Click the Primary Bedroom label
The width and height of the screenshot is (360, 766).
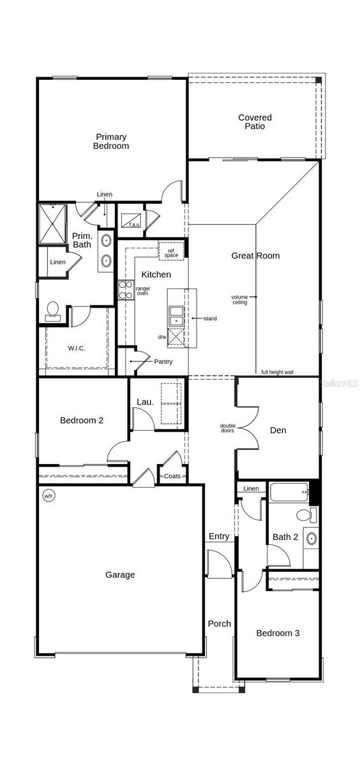pyautogui.click(x=111, y=141)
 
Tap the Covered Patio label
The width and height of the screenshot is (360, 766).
pyautogui.click(x=255, y=122)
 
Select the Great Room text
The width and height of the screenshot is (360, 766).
pyautogui.click(x=255, y=256)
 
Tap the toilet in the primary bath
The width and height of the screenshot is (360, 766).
pyautogui.click(x=52, y=311)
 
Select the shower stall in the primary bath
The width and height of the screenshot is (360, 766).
pyautogui.click(x=52, y=223)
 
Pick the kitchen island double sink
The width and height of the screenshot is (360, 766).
pyautogui.click(x=177, y=315)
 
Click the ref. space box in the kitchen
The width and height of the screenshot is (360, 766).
pyautogui.click(x=172, y=251)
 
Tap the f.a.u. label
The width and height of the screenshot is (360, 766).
pyautogui.click(x=134, y=224)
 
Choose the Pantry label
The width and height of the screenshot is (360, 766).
pyautogui.click(x=163, y=361)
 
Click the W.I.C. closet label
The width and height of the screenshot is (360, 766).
pyautogui.click(x=77, y=349)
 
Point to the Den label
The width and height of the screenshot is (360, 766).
pyautogui.click(x=278, y=430)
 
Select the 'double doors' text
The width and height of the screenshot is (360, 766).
pyautogui.click(x=227, y=428)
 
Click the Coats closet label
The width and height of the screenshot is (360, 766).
pyautogui.click(x=172, y=476)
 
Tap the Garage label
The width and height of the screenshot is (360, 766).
pyautogui.click(x=120, y=574)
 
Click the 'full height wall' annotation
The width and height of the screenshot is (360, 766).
pyautogui.click(x=277, y=372)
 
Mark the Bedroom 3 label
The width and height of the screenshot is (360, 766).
pyautogui.click(x=278, y=633)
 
